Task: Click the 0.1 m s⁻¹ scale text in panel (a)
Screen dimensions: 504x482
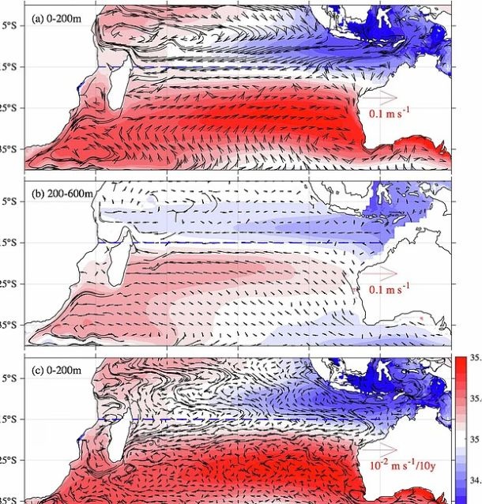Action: point(390,114)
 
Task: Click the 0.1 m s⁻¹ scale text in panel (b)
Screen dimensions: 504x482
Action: point(390,290)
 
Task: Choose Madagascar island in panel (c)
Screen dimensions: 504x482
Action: point(118,434)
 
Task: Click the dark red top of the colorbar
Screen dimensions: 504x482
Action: point(461,363)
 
